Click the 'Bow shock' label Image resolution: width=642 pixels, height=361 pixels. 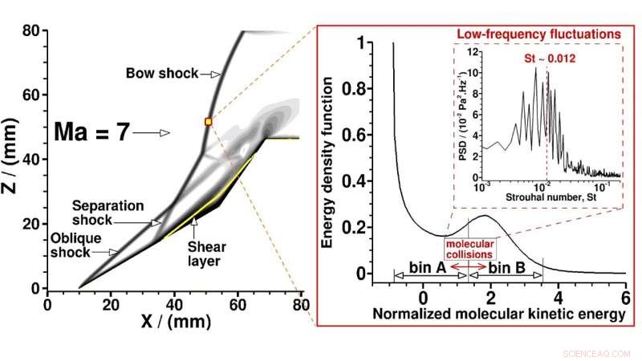pos(161,74)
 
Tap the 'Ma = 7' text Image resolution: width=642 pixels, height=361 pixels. pos(91,132)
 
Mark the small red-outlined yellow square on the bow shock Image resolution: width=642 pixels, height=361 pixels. pos(209,121)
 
